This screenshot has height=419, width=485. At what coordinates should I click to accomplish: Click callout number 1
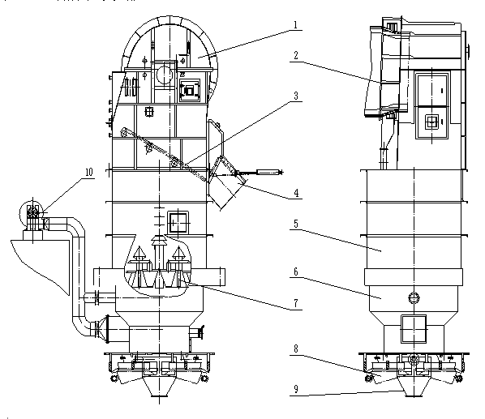(x=295, y=25)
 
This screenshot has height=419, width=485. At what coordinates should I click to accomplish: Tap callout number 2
(x=296, y=56)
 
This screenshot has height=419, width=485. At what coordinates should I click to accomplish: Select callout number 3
(x=296, y=96)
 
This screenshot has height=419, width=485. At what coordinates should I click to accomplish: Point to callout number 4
(x=296, y=193)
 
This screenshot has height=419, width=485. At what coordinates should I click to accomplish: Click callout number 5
(x=296, y=224)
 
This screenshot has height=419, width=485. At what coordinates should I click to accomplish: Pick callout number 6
(x=296, y=272)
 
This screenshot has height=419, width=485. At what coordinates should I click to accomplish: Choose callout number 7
(x=296, y=303)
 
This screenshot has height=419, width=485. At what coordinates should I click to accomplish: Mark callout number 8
(x=296, y=349)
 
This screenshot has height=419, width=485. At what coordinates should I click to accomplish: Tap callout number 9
(x=296, y=389)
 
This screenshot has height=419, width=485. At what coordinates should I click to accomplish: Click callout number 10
(x=89, y=172)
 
